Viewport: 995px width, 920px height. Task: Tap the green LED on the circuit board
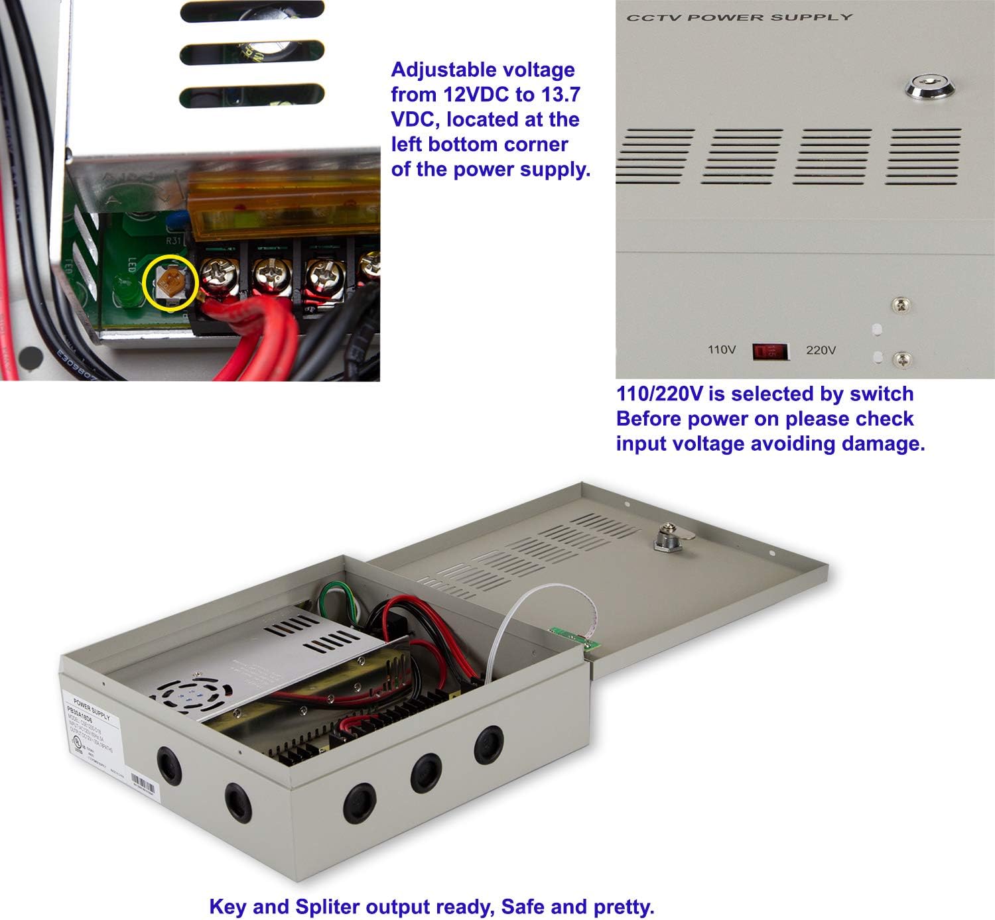(123, 289)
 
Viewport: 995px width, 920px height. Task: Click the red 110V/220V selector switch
(770, 351)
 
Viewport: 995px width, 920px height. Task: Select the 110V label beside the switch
(722, 349)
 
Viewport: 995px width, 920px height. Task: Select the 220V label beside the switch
(821, 350)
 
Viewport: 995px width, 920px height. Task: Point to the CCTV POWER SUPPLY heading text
(740, 17)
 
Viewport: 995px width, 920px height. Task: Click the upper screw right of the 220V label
(900, 306)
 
